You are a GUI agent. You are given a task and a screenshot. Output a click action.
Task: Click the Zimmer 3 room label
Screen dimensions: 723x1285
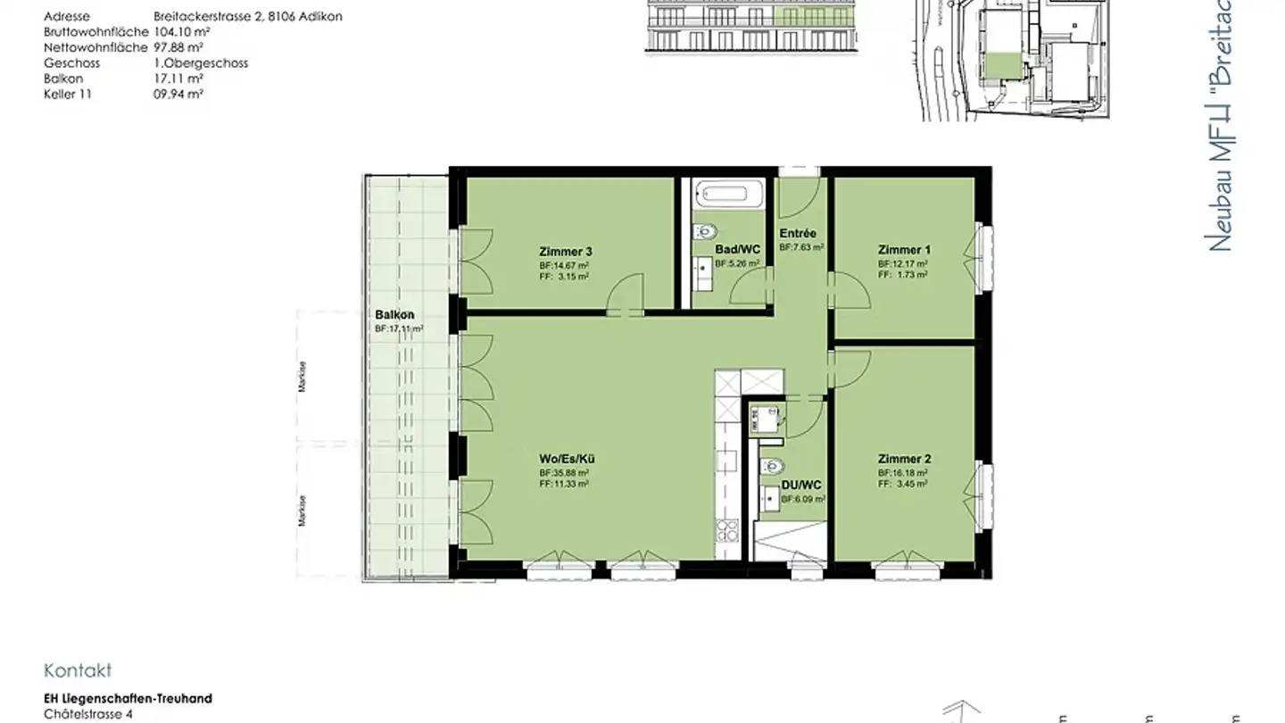pos(565,252)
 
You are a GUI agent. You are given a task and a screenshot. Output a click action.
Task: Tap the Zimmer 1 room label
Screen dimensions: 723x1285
pos(904,250)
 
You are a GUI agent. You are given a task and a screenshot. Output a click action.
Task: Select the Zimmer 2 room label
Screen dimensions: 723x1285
pos(904,459)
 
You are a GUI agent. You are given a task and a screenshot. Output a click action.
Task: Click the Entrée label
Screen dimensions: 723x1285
pos(797,234)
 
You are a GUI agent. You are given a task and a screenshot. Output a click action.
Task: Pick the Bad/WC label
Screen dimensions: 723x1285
pos(738,250)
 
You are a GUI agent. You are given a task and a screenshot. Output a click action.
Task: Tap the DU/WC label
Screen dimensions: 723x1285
pos(801,486)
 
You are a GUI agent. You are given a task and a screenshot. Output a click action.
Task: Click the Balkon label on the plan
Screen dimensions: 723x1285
pos(394,315)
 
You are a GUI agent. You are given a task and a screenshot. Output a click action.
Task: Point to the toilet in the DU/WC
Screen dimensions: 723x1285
pos(773,466)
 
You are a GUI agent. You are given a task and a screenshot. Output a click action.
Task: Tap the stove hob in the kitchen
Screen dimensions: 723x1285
pos(728,530)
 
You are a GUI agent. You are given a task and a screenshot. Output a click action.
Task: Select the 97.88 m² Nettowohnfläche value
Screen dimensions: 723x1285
pos(179,47)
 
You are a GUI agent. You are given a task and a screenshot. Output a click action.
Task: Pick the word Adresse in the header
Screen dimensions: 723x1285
pos(67,16)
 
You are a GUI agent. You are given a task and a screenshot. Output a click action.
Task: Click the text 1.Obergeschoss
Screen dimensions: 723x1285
pos(201,63)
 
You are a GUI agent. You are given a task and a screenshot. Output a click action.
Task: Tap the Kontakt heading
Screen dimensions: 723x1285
pos(78,671)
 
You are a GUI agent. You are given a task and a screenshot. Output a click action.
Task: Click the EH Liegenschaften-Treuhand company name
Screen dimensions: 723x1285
pos(128,699)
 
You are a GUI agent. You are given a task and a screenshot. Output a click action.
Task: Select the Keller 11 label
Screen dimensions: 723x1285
pos(69,94)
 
